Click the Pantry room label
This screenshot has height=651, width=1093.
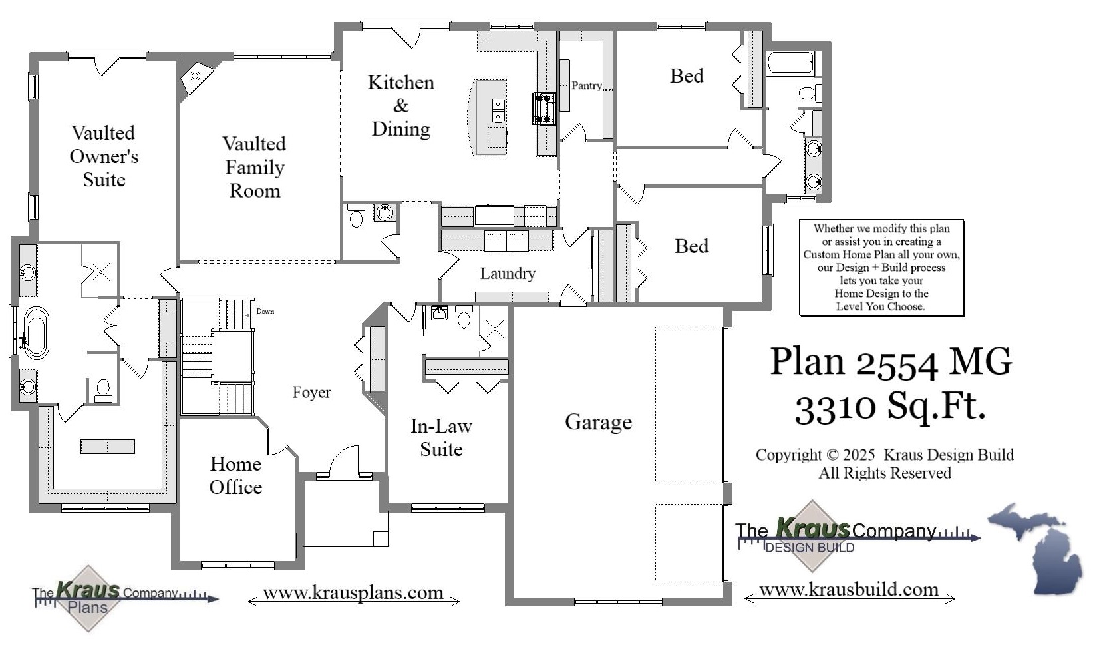coord(586,85)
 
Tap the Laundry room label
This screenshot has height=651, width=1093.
coord(508,274)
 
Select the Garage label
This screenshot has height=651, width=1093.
coord(598,422)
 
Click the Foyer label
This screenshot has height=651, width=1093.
coord(311,393)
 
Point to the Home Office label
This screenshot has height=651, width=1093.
coord(235,475)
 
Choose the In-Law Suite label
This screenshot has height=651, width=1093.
coord(441,437)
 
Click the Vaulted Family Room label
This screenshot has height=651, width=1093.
coord(254,167)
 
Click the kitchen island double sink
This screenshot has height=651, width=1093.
coord(498,111)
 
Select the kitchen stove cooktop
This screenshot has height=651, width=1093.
coord(544,108)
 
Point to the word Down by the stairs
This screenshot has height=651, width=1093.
coord(265,312)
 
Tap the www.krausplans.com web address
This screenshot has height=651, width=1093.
coord(353,593)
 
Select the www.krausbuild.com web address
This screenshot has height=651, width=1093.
coord(848,590)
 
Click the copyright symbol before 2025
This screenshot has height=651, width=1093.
coord(832,455)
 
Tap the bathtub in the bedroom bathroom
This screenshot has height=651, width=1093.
coord(791,63)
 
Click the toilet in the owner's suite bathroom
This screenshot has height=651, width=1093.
coord(103,390)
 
